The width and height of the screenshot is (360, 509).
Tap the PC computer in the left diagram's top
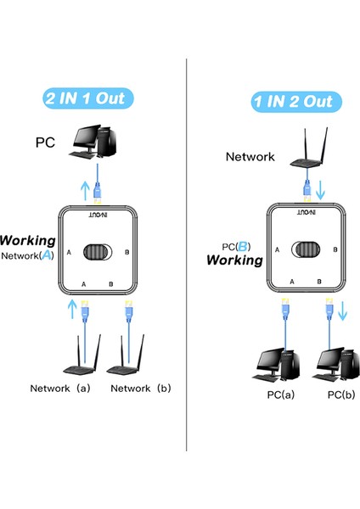[94, 141]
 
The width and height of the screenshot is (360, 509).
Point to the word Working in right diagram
[235, 260]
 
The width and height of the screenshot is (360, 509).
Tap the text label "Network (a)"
[60, 389]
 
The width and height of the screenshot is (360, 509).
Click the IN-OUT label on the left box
[99, 218]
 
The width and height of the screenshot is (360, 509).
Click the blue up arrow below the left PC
[82, 189]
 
